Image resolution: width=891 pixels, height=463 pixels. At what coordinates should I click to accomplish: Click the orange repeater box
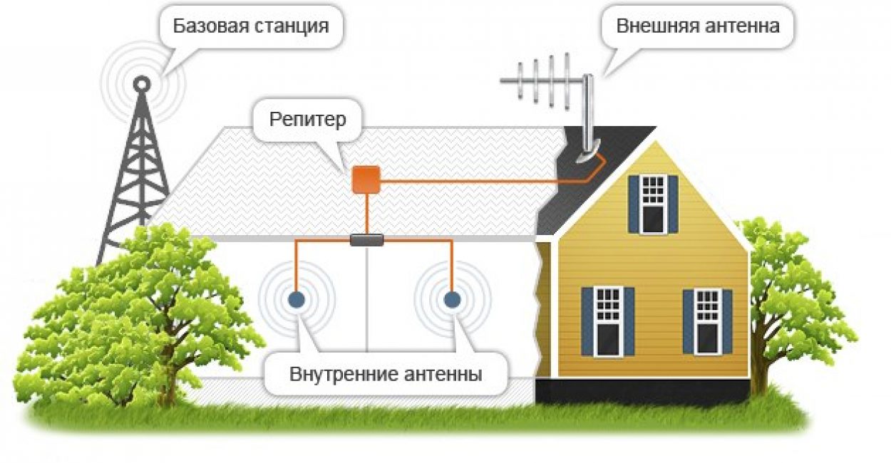[366, 179]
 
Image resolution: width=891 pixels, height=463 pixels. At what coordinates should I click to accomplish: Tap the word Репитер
[307, 119]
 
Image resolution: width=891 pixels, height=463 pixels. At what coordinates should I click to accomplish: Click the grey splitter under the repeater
[367, 241]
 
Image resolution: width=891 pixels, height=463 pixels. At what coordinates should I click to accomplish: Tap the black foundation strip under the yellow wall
[642, 390]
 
